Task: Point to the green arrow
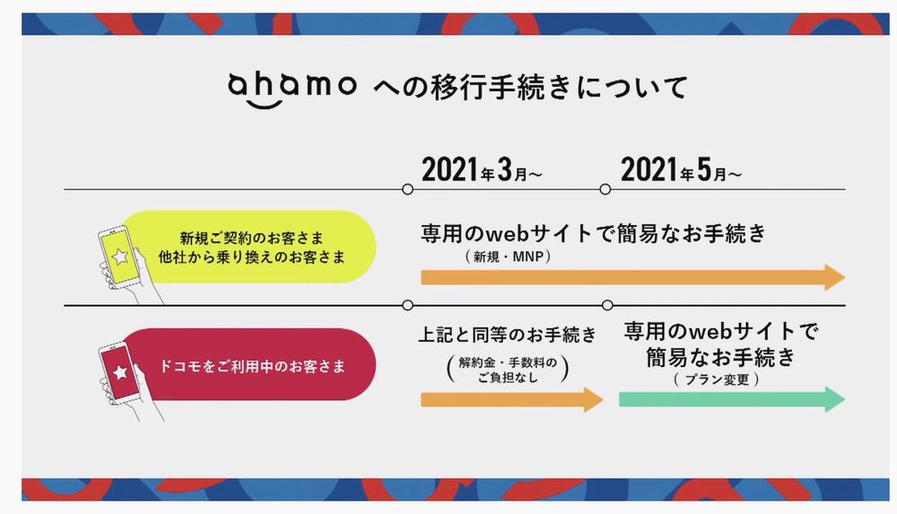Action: (731, 399)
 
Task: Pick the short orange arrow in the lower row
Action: (511, 399)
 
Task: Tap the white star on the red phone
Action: (121, 371)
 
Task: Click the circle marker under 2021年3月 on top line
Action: (408, 189)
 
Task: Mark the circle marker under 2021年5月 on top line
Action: (606, 189)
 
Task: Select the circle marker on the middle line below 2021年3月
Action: (408, 305)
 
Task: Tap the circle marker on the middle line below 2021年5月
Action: (607, 305)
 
